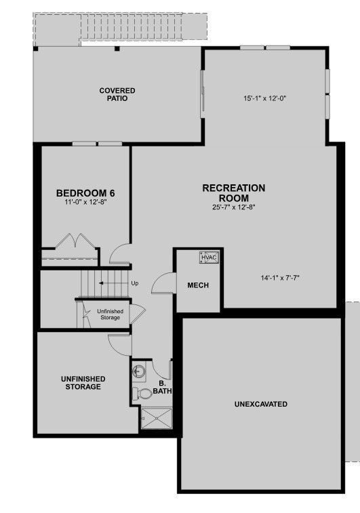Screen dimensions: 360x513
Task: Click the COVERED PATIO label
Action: [x=117, y=94]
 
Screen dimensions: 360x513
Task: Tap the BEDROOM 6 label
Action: [x=85, y=193]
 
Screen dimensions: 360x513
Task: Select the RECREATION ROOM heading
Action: [x=234, y=193]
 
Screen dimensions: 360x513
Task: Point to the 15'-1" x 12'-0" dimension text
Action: [x=265, y=98]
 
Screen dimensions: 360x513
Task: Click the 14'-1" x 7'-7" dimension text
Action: [x=280, y=278]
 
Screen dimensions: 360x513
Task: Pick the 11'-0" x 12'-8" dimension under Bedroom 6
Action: [x=85, y=202]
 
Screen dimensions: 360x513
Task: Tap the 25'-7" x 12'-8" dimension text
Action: [x=233, y=207]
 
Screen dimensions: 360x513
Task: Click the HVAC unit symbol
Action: [x=209, y=258]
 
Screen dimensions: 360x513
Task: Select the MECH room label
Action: [x=198, y=285]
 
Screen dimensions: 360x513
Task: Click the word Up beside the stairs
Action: [x=135, y=283]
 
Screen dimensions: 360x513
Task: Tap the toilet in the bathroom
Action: [x=142, y=393]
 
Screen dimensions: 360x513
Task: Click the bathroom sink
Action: [x=139, y=371]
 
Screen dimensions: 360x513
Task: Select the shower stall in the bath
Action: [x=156, y=418]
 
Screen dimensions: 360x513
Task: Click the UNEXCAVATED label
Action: [x=261, y=404]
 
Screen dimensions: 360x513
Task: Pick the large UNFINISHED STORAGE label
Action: [x=83, y=383]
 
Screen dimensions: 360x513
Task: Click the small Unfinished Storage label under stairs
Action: [x=111, y=314]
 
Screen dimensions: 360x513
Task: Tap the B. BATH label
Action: [x=162, y=387]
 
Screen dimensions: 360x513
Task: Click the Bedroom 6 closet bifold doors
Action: [x=76, y=241]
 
